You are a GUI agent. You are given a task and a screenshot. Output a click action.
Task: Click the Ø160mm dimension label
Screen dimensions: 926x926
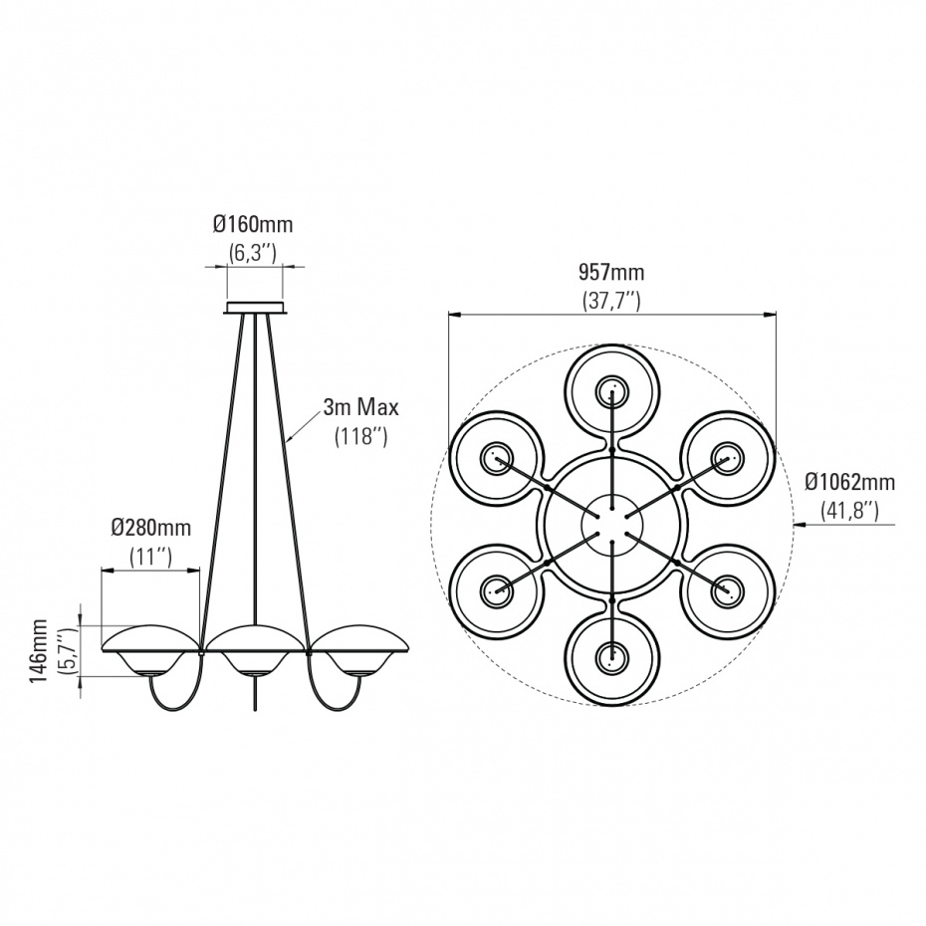pos(253,224)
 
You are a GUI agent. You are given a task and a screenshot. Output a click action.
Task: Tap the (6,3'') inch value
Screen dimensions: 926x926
pos(253,253)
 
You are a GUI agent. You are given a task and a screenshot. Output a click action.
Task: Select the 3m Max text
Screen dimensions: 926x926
pos(360,407)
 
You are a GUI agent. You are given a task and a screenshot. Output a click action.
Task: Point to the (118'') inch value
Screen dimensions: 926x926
pos(360,436)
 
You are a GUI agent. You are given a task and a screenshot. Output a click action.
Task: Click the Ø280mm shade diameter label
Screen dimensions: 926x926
pos(151,528)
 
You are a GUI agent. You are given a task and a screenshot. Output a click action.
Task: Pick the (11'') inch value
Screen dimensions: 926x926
pos(150,557)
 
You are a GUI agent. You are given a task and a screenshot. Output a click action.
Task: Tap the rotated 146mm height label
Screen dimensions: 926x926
pos(40,651)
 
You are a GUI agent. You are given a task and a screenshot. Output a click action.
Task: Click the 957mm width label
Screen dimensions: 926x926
pos(611,272)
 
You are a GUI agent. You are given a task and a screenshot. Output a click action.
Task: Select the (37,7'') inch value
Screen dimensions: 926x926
pos(611,301)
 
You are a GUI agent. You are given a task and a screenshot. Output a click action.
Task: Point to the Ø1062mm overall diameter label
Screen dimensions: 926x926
pos(850,482)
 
